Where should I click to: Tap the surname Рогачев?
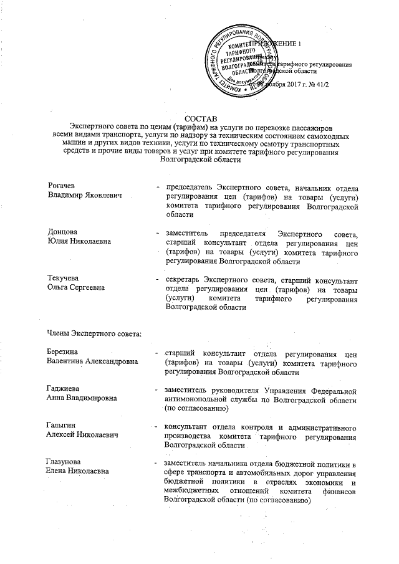click(63, 186)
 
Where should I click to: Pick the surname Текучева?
click(65, 278)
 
